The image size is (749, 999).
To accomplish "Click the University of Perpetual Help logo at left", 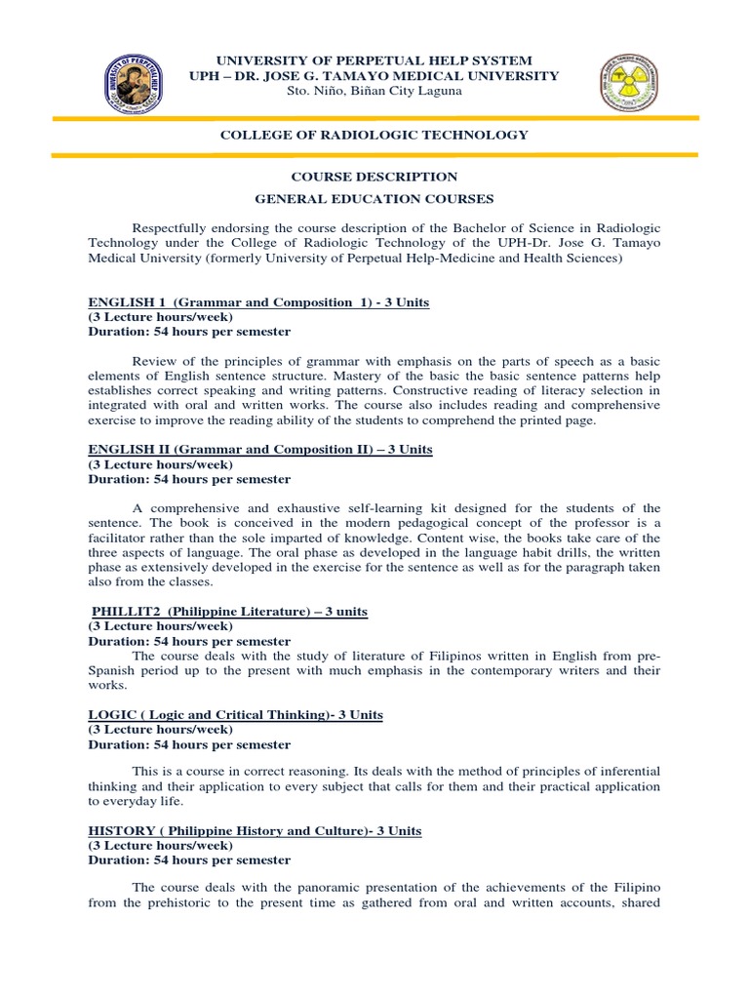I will click(136, 84).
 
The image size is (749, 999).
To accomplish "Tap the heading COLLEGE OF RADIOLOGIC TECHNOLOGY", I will click(374, 135).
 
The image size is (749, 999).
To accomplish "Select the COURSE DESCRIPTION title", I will click(374, 177).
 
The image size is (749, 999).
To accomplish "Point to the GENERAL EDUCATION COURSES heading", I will click(374, 199).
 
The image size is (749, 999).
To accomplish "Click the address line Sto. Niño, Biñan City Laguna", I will click(374, 91).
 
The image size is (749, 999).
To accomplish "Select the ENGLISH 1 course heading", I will click(258, 302).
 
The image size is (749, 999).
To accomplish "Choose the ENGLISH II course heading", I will click(260, 449).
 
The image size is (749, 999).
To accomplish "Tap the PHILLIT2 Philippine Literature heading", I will click(228, 611).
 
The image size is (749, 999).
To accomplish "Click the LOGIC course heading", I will click(235, 715).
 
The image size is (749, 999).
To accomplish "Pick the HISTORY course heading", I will click(255, 830).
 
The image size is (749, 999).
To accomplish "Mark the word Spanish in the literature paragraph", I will click(111, 671).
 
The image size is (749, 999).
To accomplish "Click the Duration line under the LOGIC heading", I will click(189, 744).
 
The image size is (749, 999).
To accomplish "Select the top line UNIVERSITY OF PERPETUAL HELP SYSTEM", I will click(374, 60).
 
